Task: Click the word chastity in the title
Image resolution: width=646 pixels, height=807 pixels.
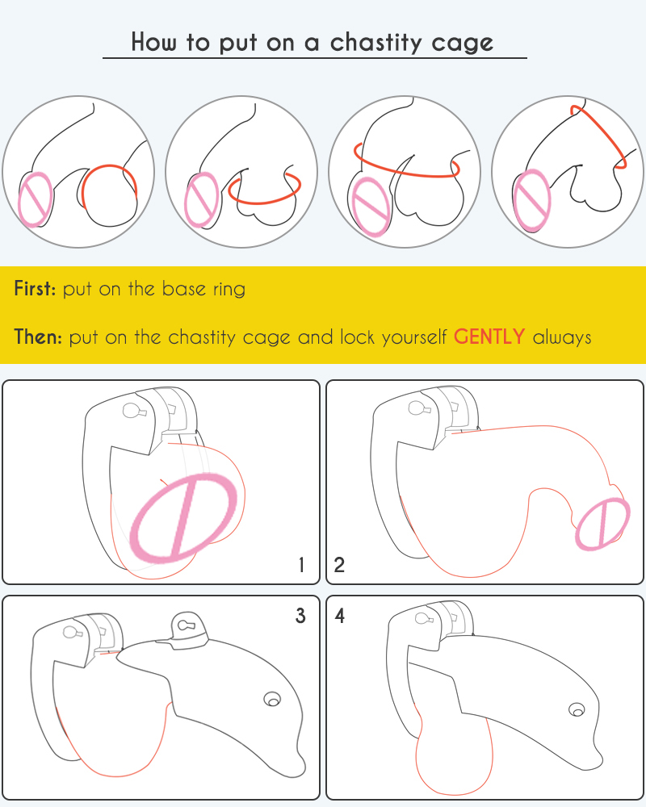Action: click(x=375, y=42)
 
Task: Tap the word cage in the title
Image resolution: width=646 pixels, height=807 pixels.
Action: click(x=463, y=44)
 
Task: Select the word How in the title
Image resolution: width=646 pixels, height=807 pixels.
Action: click(x=153, y=42)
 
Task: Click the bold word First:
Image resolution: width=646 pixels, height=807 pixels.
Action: click(x=35, y=288)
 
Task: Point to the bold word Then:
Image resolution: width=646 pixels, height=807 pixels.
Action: click(x=38, y=337)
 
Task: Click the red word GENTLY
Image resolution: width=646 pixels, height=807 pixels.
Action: click(x=489, y=337)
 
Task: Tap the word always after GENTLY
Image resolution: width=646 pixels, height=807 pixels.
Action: click(x=562, y=337)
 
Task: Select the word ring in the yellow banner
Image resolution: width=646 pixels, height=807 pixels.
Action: click(x=229, y=290)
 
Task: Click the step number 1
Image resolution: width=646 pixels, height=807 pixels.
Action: click(x=301, y=565)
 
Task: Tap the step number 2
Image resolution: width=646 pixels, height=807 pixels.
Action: click(x=339, y=565)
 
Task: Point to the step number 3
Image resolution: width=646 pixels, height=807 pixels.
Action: click(x=301, y=616)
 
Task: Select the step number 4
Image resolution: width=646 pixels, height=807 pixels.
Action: click(x=339, y=616)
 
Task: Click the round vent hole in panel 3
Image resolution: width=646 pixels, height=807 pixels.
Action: click(x=272, y=700)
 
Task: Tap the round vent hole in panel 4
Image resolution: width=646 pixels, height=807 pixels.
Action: click(x=577, y=709)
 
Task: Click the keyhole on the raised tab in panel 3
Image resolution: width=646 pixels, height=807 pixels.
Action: click(x=184, y=625)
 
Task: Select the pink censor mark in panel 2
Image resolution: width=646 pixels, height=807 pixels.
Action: click(x=602, y=524)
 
